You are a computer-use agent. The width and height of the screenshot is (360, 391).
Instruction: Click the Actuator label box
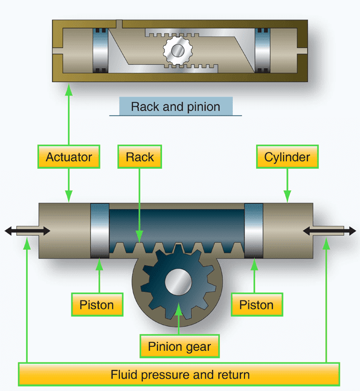click(69, 157)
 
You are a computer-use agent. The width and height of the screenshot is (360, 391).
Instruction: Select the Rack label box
click(140, 157)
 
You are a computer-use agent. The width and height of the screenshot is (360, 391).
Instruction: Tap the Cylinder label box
click(287, 157)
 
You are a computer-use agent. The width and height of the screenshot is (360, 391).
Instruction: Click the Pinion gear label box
click(179, 346)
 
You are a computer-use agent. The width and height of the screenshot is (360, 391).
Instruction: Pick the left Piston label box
click(97, 305)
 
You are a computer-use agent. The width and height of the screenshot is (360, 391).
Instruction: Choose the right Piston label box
click(257, 305)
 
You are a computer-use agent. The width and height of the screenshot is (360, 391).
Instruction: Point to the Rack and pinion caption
click(175, 106)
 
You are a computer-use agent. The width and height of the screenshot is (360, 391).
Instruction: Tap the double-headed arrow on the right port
click(329, 231)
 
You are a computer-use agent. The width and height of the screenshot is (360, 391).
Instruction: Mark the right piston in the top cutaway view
click(262, 50)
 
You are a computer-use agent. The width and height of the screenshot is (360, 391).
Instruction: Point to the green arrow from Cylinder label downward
click(287, 184)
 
